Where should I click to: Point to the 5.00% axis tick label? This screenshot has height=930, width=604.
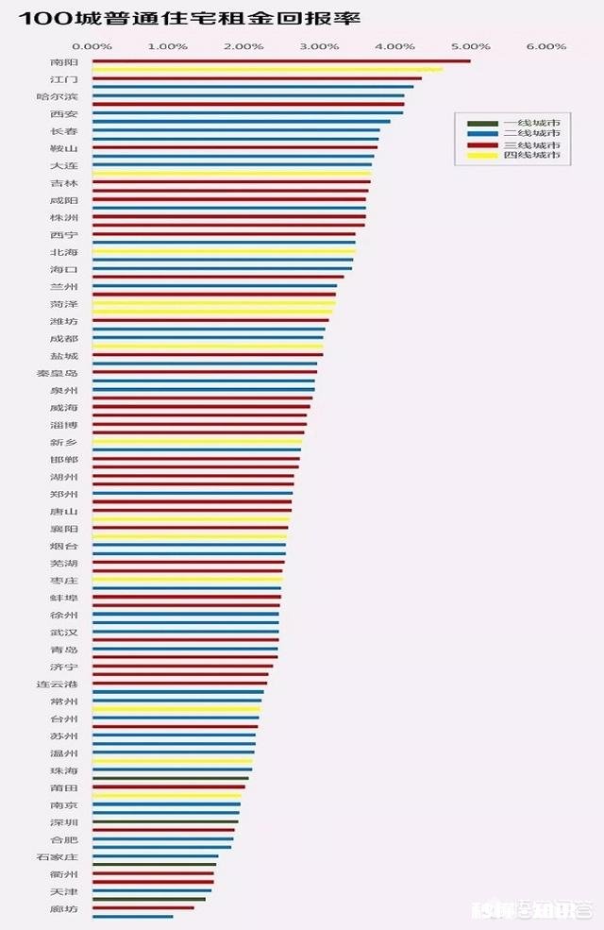click(470, 46)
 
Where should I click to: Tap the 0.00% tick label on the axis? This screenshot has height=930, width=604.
click(92, 46)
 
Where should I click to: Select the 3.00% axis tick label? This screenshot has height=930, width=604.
click(319, 46)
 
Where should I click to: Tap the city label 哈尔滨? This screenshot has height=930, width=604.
click(64, 96)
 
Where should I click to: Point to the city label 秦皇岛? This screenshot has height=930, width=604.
click(64, 373)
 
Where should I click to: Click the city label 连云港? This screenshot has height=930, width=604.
click(64, 684)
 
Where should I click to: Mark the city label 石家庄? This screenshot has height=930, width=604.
click(64, 856)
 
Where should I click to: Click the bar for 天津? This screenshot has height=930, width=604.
click(151, 890)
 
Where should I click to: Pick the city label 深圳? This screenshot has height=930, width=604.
click(64, 822)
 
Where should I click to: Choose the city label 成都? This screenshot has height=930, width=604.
click(64, 338)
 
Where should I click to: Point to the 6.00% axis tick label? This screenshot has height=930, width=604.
click(546, 46)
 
